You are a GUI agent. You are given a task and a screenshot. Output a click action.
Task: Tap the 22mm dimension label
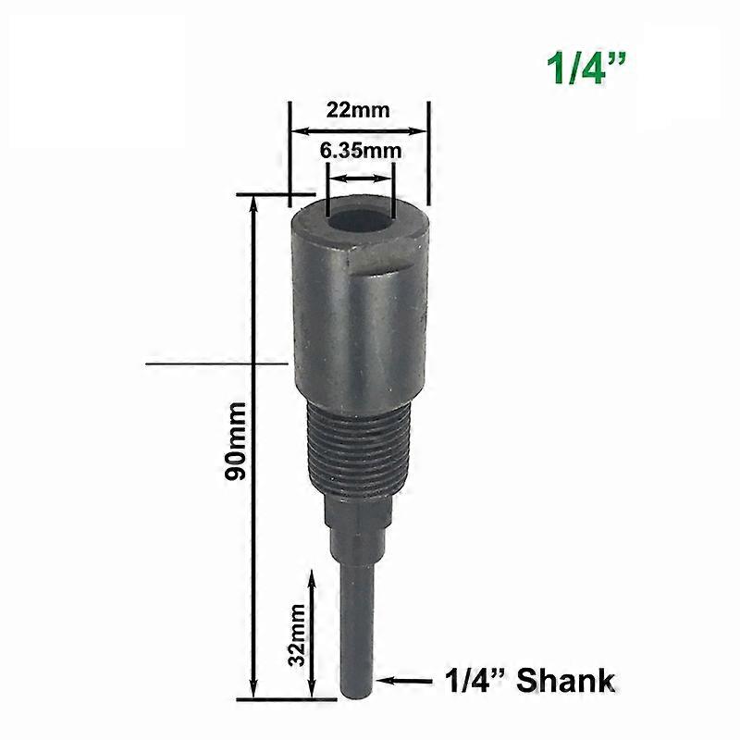pyautogui.click(x=358, y=109)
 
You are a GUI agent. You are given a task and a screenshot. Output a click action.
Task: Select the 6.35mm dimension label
pyautogui.click(x=361, y=150)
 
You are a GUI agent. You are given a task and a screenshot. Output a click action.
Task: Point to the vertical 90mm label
pyautogui.click(x=236, y=440)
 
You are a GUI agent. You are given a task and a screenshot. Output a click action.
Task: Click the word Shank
pyautogui.click(x=565, y=682)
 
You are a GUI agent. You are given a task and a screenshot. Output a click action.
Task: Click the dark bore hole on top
pyautogui.click(x=362, y=223)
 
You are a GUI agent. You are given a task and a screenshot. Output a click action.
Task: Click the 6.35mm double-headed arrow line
pyautogui.click(x=361, y=178)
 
